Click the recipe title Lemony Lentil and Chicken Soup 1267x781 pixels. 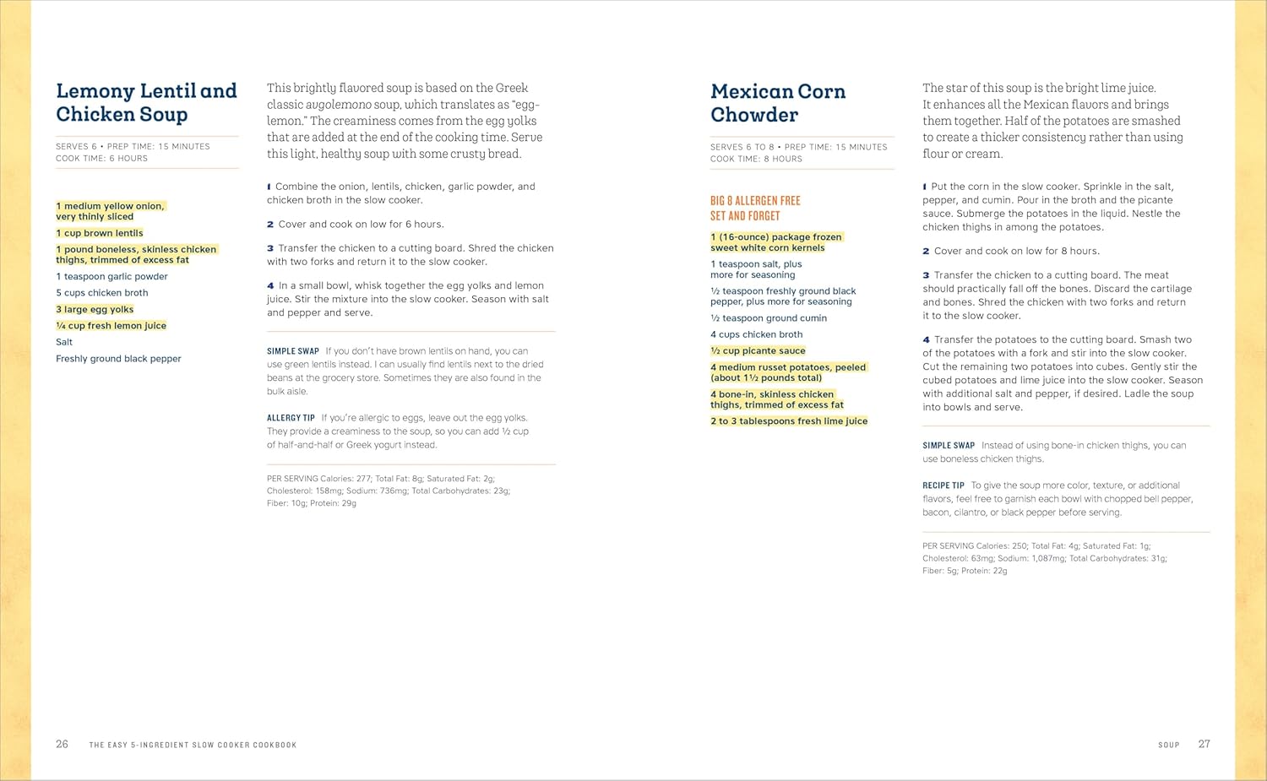click(146, 102)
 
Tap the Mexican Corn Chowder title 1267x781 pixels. click(777, 103)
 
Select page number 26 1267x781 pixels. click(62, 744)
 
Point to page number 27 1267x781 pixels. click(1204, 744)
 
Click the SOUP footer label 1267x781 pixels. click(1168, 745)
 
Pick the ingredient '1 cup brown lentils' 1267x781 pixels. click(100, 233)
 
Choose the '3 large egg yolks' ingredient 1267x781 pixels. click(95, 309)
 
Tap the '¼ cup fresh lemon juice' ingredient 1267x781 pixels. click(111, 326)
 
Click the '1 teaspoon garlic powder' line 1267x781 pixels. click(111, 276)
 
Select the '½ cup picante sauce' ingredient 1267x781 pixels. click(758, 350)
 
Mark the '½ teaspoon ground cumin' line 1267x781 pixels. click(769, 318)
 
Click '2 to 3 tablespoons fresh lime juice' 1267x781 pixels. click(789, 421)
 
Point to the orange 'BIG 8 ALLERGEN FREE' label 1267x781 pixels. click(755, 201)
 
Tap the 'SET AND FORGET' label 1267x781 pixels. click(745, 216)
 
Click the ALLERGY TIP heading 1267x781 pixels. click(291, 418)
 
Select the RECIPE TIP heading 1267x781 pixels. click(943, 485)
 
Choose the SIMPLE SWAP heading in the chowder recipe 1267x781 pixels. click(948, 445)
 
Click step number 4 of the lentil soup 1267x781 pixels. click(270, 285)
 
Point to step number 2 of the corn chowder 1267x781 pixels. click(926, 251)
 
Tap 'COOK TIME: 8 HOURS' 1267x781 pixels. click(756, 159)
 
